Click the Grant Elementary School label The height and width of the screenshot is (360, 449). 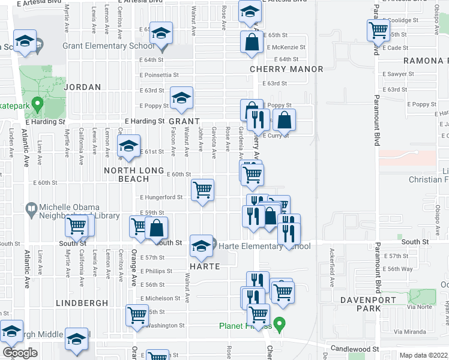click(108, 46)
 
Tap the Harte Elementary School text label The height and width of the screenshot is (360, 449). click(264, 246)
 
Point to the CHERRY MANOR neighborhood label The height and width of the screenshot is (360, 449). click(286, 69)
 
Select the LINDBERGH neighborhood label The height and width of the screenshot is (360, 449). click(82, 304)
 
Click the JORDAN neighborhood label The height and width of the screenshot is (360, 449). click(82, 87)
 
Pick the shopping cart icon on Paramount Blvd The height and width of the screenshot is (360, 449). click(378, 30)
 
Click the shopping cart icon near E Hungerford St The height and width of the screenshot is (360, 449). click(203, 190)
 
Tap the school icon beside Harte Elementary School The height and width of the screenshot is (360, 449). click(201, 245)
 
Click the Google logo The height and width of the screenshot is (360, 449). click(20, 353)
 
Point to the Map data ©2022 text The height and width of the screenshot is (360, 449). click(423, 355)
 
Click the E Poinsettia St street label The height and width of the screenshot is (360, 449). click(159, 75)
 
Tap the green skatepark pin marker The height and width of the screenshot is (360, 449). click(36, 106)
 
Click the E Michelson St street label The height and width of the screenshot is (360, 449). click(160, 298)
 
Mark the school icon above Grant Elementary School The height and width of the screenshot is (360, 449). click(161, 33)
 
